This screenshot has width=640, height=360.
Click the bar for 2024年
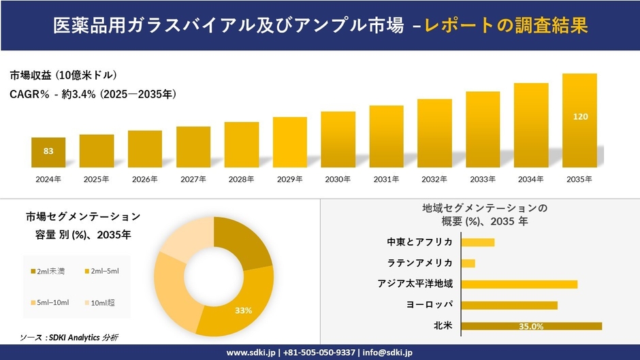pos(48,152)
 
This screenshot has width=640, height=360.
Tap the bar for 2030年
pos(338,140)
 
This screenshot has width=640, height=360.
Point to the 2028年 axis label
pos(242,180)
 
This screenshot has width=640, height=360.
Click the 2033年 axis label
pos(483,180)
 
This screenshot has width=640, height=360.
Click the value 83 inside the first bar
pos(48,151)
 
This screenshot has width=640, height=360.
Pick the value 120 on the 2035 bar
pos(580,117)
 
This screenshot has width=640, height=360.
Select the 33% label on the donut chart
pos(243,310)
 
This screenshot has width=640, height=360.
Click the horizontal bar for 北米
pos(532,326)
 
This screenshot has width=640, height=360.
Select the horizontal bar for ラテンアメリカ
pos(468,263)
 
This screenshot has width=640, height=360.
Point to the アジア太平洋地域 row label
pos(415,284)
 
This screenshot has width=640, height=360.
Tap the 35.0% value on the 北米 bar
pos(531,327)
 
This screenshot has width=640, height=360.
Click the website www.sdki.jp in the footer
pos(250,353)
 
